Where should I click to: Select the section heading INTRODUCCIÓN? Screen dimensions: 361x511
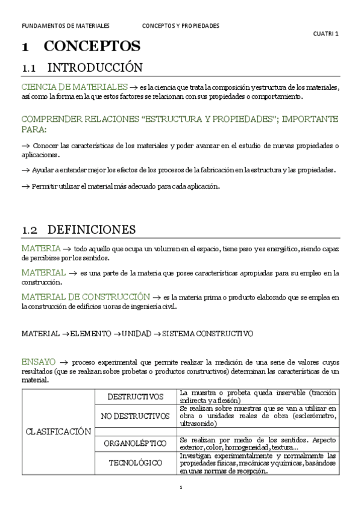95,67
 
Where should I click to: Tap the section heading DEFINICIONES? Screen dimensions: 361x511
91,230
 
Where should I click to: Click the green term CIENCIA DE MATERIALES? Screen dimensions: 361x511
74,87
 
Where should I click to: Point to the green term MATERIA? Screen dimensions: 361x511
40,248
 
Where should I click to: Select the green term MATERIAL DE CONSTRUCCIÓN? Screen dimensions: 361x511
85,296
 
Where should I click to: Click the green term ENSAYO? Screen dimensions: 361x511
39,362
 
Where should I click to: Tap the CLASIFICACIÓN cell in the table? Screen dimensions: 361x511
58,431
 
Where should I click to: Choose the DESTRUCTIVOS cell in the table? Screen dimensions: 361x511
136,397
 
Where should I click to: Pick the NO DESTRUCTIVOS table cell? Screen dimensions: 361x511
136,416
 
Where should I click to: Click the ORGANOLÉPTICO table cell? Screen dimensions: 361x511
136,443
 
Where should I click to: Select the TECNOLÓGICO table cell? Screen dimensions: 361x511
136,463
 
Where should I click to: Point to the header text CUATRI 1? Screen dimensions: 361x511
327,34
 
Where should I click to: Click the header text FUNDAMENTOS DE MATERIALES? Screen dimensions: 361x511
65,27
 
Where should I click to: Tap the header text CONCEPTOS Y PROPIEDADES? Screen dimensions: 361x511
181,27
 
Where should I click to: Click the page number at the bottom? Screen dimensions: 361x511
181,487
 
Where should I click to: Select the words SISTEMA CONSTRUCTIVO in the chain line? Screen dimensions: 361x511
208,333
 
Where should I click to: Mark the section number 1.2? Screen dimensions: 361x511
30,230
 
